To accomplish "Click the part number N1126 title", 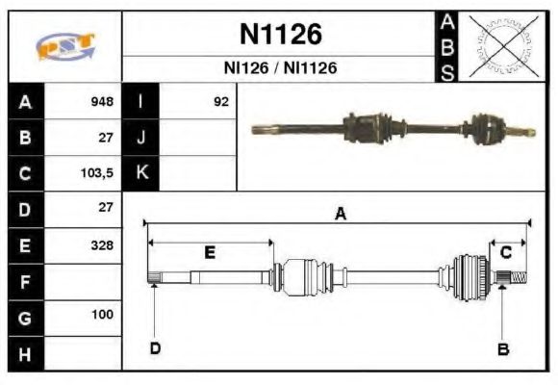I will pyautogui.click(x=280, y=35).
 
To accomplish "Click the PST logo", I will pyautogui.click(x=64, y=46).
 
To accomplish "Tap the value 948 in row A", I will pyautogui.click(x=102, y=101).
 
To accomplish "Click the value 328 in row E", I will pyautogui.click(x=102, y=244).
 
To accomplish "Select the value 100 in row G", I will pyautogui.click(x=102, y=315).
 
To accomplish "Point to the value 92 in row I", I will pyautogui.click(x=221, y=101).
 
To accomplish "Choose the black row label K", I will pyautogui.click(x=140, y=173).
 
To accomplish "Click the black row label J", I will pyautogui.click(x=140, y=137).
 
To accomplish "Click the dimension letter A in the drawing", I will pyautogui.click(x=339, y=215).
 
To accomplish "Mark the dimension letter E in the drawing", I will pyautogui.click(x=210, y=252).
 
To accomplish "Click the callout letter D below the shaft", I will pyautogui.click(x=155, y=347).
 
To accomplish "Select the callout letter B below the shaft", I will pyautogui.click(x=501, y=348).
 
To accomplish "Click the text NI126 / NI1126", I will pyautogui.click(x=280, y=69).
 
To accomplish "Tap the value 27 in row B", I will pyautogui.click(x=106, y=137).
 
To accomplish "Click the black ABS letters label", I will pyautogui.click(x=447, y=46).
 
